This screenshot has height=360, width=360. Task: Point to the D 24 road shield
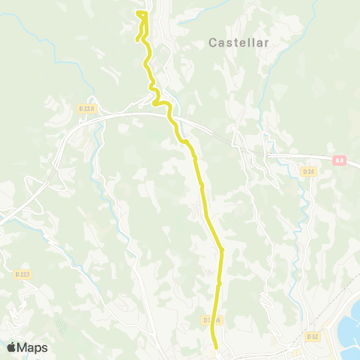coord(308,172)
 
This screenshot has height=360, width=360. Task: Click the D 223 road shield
coord(22,274)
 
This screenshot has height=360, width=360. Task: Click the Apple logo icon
coord(11,347)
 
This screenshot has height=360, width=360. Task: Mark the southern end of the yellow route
coord(217,347)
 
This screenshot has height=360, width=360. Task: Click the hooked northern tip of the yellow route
coord(140,13)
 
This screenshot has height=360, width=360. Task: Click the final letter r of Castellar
coord(265,43)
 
